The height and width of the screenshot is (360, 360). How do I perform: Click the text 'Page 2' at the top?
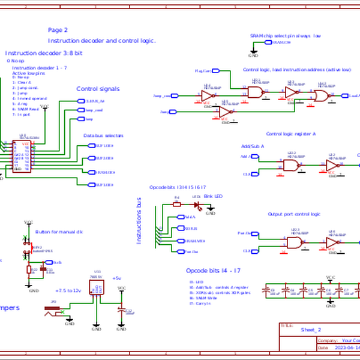58,29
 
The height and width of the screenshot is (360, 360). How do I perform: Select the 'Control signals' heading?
98,89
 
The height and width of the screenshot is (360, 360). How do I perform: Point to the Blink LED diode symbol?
196,203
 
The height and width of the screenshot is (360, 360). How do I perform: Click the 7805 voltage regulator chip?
96,288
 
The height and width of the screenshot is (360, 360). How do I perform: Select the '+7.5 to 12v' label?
67,290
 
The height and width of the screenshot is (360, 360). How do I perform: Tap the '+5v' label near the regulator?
116,278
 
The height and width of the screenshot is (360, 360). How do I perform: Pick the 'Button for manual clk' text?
58,232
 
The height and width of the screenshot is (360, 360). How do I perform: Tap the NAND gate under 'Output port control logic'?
294,242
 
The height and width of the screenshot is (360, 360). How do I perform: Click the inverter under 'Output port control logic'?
332,242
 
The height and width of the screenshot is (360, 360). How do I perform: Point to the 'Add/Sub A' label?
252,146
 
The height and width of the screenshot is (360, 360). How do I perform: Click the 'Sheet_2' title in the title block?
311,330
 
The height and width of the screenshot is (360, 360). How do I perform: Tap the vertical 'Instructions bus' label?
139,220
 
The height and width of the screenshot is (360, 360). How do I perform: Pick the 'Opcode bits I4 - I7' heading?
213,271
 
